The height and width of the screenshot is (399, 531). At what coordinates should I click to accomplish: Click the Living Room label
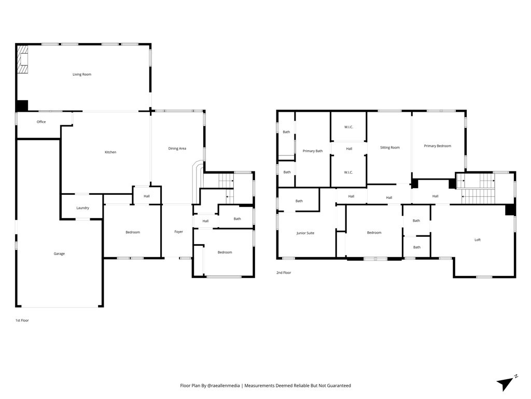coord(82,74)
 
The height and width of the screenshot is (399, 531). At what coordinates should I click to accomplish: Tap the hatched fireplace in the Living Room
coord(23,59)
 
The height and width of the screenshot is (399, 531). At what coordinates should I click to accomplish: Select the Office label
coord(41,122)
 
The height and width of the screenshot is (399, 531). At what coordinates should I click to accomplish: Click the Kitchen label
coord(110,152)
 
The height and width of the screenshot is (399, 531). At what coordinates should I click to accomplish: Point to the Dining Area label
coord(177,148)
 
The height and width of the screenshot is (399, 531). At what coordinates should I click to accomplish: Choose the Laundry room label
coord(82,208)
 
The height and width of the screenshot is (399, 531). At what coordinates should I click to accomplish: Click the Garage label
coord(59,254)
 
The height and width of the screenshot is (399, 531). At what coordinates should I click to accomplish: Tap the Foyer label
coord(178,232)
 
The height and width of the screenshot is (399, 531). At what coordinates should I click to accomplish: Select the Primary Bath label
coord(313,151)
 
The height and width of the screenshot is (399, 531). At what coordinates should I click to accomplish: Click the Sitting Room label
coord(390,148)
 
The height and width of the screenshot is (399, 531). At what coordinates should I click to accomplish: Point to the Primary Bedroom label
coord(438,146)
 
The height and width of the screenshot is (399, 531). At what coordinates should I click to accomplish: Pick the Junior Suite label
coord(305,233)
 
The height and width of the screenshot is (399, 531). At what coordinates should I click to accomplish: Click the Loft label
coord(478,240)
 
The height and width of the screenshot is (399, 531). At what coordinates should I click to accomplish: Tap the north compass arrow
coord(505,384)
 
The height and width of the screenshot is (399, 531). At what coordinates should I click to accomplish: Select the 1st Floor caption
coord(22,320)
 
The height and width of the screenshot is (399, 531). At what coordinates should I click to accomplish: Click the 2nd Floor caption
coord(284,272)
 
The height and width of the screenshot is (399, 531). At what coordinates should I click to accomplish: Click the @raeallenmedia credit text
coord(223,385)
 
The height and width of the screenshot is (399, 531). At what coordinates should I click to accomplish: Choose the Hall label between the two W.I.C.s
coord(349,149)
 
